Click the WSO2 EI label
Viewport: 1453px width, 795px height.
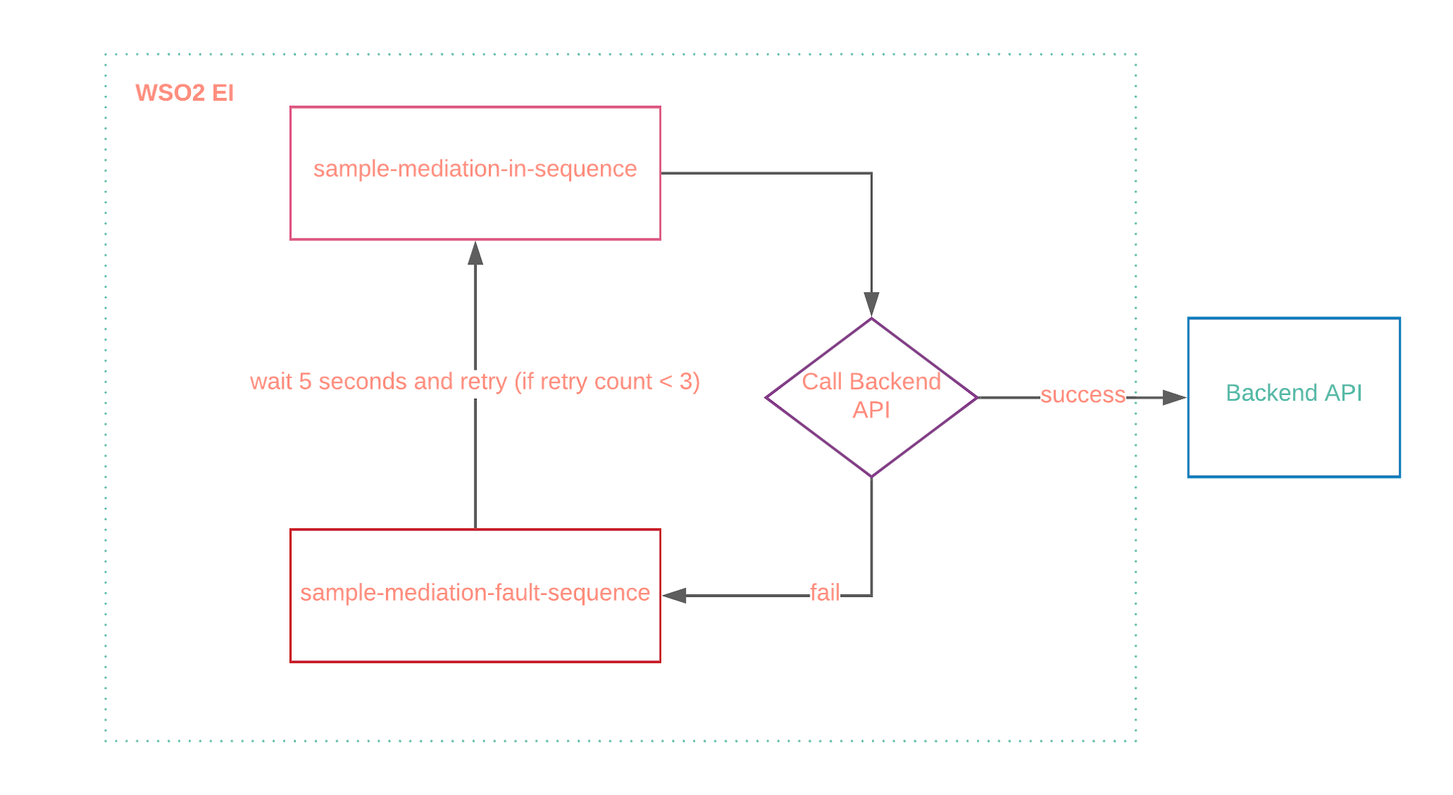pyautogui.click(x=184, y=93)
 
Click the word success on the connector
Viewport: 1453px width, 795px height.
pyautogui.click(x=1083, y=395)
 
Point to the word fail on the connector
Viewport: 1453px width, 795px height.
pyautogui.click(x=824, y=593)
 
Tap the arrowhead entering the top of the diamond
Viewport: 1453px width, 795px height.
pyautogui.click(x=871, y=304)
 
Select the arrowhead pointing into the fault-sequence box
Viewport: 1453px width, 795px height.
pyautogui.click(x=675, y=596)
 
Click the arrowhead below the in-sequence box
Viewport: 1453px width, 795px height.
pyautogui.click(x=475, y=253)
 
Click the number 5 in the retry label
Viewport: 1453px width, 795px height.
pyautogui.click(x=305, y=382)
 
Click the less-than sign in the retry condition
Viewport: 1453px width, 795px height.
pyautogui.click(x=665, y=382)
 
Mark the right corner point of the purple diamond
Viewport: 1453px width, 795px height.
pyautogui.click(x=976, y=398)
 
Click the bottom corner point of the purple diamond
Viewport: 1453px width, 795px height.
pyautogui.click(x=871, y=476)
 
